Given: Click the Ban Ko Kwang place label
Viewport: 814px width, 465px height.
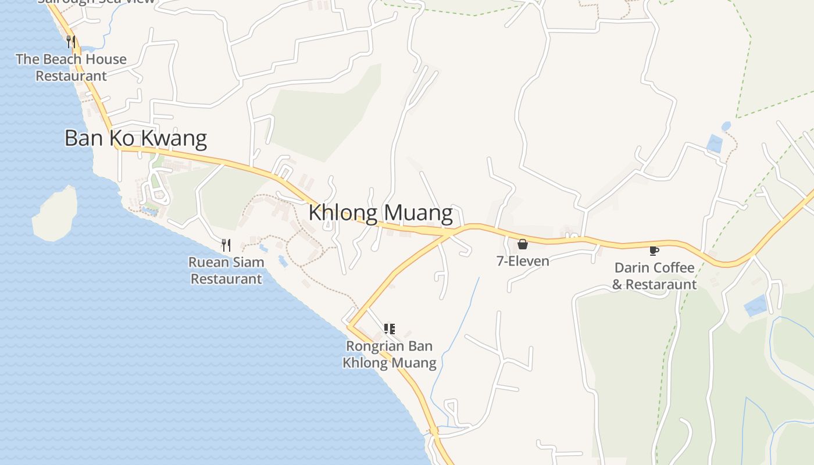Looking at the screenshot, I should click(x=135, y=138).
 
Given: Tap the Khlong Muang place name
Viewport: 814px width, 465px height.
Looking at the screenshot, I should click(x=380, y=213).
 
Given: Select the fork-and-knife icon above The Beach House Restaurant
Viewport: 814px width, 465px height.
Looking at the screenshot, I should click(x=71, y=42).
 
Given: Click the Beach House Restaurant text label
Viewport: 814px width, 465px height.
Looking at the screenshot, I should click(x=71, y=67).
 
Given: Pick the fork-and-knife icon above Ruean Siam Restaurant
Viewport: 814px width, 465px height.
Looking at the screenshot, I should click(x=226, y=245).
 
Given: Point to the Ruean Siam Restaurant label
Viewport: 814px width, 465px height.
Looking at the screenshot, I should click(x=226, y=270).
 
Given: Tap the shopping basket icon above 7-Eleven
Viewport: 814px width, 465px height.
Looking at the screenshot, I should click(x=522, y=244).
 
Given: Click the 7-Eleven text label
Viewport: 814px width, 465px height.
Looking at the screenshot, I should click(x=523, y=261).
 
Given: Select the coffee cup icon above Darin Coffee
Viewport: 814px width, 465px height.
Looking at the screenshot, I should click(x=654, y=251).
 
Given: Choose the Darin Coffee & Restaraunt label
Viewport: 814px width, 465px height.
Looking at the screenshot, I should click(x=654, y=276).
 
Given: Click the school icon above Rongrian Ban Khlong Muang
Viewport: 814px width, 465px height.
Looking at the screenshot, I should click(x=390, y=329).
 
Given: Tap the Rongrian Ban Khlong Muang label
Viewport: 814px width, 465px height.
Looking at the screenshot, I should click(x=390, y=355).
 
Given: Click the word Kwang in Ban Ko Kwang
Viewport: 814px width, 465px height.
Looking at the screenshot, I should click(x=177, y=138).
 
